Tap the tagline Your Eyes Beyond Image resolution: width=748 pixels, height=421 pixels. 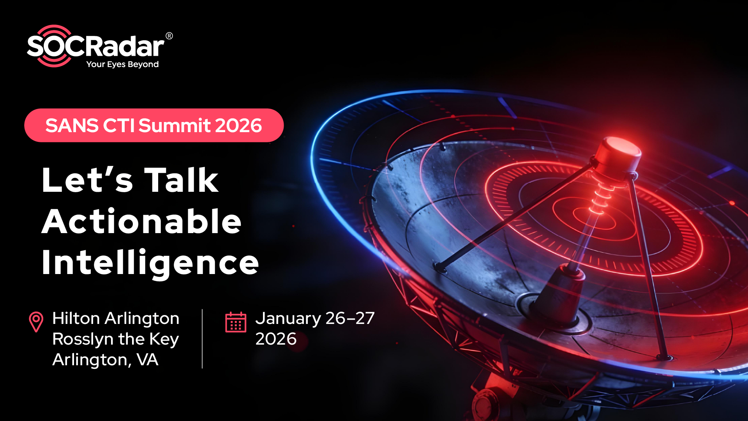[122, 64]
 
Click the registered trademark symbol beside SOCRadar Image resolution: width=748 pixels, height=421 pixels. [169, 36]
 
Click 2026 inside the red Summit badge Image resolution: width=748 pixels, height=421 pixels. [238, 126]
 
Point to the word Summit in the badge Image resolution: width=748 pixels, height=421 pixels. [175, 126]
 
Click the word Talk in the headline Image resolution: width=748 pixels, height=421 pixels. [181, 180]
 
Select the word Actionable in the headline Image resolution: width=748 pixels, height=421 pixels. [141, 221]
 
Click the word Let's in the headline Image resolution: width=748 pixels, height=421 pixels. [88, 180]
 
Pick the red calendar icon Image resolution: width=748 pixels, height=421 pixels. [236, 322]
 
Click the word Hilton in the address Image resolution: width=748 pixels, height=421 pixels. [76, 318]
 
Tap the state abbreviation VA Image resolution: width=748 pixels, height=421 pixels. [147, 359]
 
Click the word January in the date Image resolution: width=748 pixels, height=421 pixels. [288, 319]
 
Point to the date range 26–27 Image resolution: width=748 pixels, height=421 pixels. [350, 318]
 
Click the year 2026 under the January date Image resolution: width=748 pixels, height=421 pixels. [276, 339]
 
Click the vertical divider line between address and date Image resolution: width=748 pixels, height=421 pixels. [202, 339]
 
